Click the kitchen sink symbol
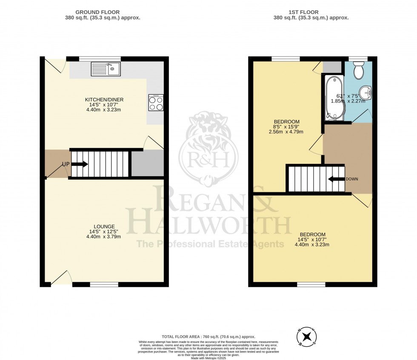coord(106,69)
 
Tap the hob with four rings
coord(156,103)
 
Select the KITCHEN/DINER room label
coord(104,100)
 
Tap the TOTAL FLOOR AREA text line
coord(208,337)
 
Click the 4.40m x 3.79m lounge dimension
coord(104,237)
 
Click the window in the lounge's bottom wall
coord(104,284)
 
